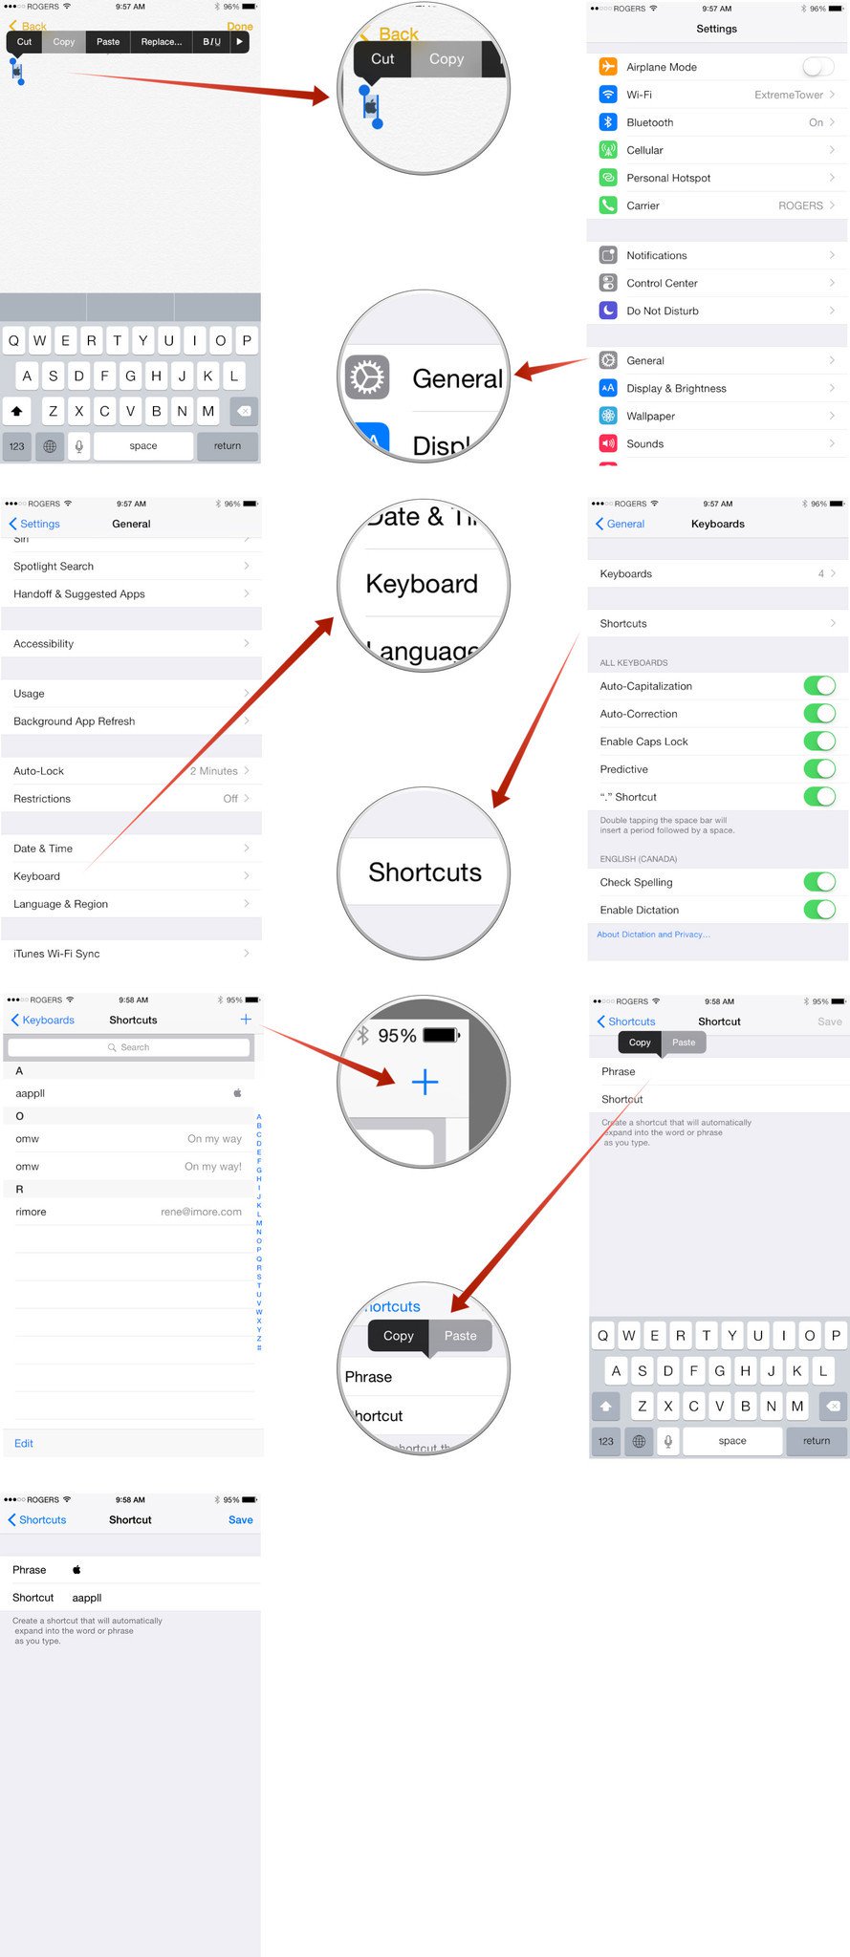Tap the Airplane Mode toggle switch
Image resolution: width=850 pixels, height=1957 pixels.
pyautogui.click(x=817, y=67)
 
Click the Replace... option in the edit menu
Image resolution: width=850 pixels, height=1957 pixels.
pyautogui.click(x=161, y=42)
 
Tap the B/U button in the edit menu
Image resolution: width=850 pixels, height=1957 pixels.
pyautogui.click(x=211, y=42)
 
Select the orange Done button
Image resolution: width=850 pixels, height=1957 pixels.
pyautogui.click(x=240, y=27)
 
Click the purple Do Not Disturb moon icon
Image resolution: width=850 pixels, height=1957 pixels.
pyautogui.click(x=608, y=311)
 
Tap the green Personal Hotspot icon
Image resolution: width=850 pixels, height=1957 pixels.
pyautogui.click(x=608, y=178)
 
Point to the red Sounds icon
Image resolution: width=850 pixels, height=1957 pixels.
pyautogui.click(x=608, y=443)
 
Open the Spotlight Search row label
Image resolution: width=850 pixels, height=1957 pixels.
pyautogui.click(x=54, y=567)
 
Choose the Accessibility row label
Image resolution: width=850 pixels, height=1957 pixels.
pyautogui.click(x=44, y=644)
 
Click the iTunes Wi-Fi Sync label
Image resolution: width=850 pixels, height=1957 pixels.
pyautogui.click(x=56, y=954)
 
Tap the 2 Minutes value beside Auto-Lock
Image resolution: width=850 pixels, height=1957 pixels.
pyautogui.click(x=213, y=771)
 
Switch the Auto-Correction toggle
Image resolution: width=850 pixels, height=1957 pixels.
pyautogui.click(x=819, y=714)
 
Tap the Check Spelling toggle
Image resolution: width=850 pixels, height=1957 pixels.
pyautogui.click(x=819, y=882)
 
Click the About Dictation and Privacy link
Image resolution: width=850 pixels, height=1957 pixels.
pyautogui.click(x=653, y=935)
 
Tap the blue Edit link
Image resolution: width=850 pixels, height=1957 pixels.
pyautogui.click(x=24, y=1443)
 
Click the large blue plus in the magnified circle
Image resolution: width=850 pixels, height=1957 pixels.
pyautogui.click(x=425, y=1082)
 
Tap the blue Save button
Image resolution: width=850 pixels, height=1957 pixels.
pyautogui.click(x=241, y=1519)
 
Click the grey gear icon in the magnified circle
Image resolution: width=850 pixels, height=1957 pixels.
pyautogui.click(x=367, y=377)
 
